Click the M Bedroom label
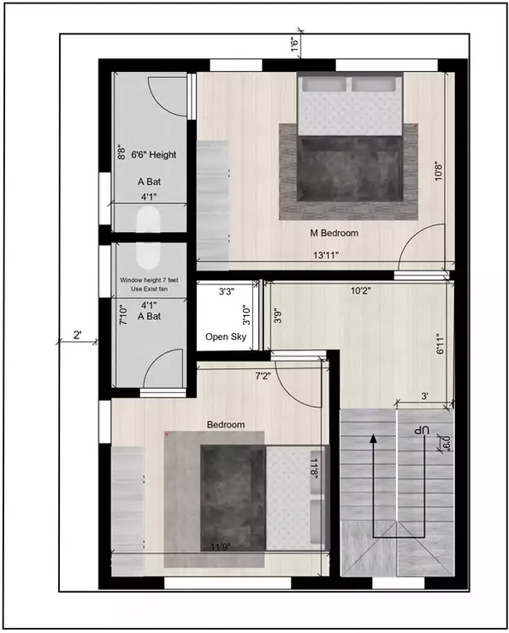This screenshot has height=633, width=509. pyautogui.click(x=334, y=233)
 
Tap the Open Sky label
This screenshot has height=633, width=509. pyautogui.click(x=226, y=337)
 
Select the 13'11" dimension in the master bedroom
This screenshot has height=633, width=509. pyautogui.click(x=326, y=255)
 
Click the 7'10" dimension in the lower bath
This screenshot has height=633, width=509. pyautogui.click(x=122, y=318)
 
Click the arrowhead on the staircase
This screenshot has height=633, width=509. pyautogui.click(x=374, y=439)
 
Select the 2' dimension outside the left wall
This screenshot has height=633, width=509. pyautogui.click(x=78, y=336)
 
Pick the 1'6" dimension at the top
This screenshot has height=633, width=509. pyautogui.click(x=293, y=45)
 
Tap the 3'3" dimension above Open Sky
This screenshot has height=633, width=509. pyautogui.click(x=227, y=292)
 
